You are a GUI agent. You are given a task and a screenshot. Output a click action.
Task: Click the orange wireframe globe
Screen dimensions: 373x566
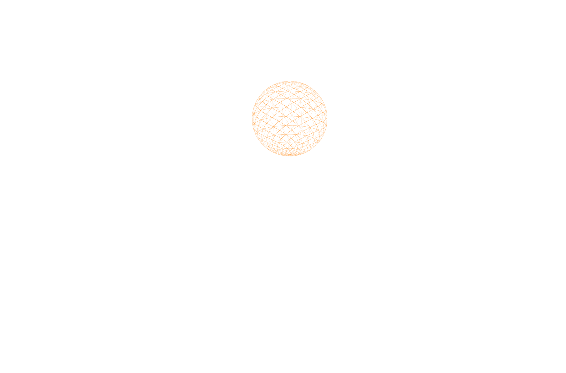pos(290,119)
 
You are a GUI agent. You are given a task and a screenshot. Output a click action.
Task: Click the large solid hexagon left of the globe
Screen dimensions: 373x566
pos(163,125)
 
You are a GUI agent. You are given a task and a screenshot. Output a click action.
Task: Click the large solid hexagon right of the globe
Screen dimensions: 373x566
pos(406,125)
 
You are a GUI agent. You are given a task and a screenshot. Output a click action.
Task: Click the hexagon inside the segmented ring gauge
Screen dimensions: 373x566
pos(522,143)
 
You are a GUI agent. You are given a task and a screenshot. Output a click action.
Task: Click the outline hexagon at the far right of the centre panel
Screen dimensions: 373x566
pos(454,125)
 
